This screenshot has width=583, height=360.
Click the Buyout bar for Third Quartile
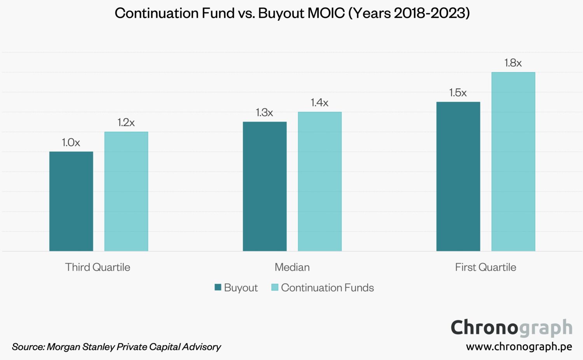click(71, 201)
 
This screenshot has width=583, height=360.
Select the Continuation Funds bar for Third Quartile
click(126, 191)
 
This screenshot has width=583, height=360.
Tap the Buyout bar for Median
click(265, 186)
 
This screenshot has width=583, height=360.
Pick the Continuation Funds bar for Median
click(319, 181)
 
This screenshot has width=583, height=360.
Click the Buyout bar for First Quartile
click(458, 176)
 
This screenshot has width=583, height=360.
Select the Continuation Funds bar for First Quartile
click(513, 162)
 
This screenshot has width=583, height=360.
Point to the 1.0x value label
click(71, 143)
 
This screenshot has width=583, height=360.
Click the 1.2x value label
click(126, 123)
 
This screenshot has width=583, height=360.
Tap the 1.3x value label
click(265, 113)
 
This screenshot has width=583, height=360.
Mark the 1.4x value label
click(319, 103)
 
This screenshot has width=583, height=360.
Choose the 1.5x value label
click(458, 93)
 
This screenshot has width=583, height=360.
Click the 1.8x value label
click(513, 63)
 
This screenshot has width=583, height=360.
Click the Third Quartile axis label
click(98, 267)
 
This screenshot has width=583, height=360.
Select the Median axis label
click(292, 267)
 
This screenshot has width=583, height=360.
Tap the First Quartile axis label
click(485, 267)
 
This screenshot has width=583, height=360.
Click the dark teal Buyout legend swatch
click(218, 287)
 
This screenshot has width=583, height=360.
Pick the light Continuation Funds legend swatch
click(275, 287)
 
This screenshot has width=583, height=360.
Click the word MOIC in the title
click(326, 13)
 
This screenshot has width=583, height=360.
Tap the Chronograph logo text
click(511, 328)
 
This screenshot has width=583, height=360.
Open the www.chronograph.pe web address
click(519, 346)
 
